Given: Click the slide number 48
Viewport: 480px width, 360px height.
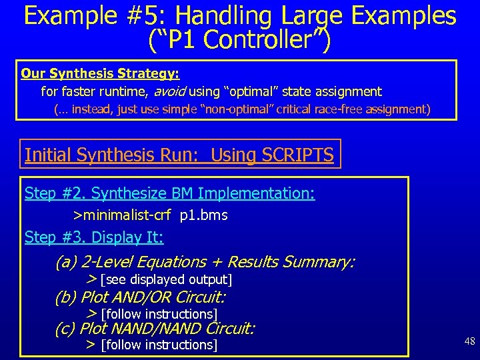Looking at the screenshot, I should tap(469, 342).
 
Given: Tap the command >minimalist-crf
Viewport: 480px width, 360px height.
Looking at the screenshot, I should tap(122, 215).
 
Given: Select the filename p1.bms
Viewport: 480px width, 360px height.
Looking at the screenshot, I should tap(203, 215).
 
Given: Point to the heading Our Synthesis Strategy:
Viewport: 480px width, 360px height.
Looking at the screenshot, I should tap(100, 73).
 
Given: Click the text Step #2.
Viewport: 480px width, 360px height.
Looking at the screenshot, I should tap(55, 193).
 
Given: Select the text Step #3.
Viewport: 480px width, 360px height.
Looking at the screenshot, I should tap(55, 237).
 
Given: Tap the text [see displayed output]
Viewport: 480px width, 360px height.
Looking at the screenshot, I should tap(165, 279).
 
